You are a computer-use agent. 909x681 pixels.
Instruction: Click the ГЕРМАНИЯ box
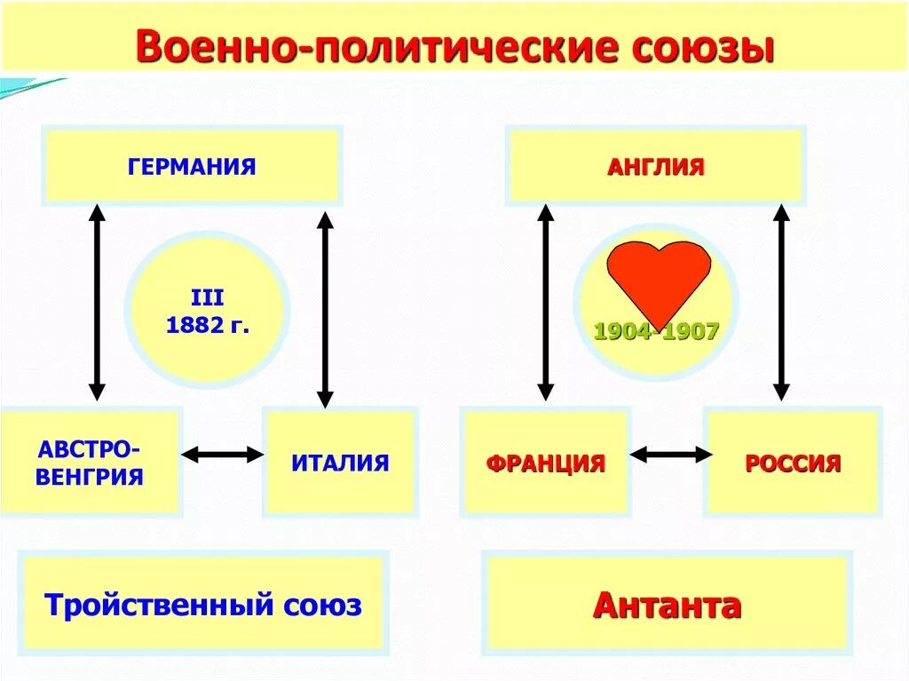192,166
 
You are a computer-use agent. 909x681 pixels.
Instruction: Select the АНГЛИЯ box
655,166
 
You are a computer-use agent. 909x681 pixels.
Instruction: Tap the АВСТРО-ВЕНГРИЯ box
90,462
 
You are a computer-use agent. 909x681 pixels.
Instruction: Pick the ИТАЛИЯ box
340,462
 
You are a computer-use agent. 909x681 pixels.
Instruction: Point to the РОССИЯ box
793,463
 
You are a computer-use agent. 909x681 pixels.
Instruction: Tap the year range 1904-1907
656,332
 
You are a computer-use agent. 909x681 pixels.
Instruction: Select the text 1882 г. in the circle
207,325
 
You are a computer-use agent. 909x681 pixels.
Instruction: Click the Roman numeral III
207,298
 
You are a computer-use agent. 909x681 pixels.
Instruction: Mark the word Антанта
667,606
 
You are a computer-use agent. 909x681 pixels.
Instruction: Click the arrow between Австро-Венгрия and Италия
223,455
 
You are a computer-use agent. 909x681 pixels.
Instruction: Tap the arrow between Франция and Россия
670,455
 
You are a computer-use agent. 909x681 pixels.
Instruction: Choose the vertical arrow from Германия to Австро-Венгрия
98,302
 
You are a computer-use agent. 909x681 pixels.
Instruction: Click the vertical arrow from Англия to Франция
546,302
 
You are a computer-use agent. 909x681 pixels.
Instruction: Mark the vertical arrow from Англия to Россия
781,302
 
